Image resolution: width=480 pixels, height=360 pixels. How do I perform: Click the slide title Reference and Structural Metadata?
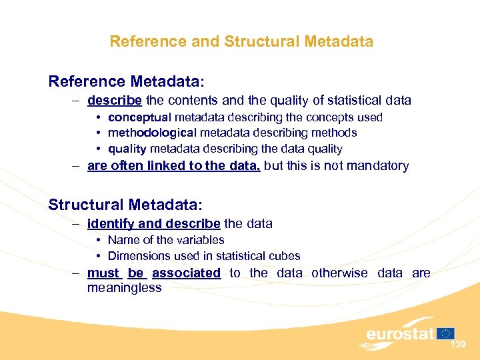coord(241,41)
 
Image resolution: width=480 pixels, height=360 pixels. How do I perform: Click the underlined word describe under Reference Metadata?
coord(114,101)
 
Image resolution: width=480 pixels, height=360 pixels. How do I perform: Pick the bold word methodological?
coord(152,133)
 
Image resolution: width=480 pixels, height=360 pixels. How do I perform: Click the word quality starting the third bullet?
coord(127,149)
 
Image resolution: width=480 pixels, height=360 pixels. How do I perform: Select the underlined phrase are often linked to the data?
coord(173,166)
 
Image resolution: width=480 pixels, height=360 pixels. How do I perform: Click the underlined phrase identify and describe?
coord(153,223)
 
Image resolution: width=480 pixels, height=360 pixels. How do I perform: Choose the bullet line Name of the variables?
coord(165,240)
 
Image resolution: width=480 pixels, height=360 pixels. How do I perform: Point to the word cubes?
coord(285,256)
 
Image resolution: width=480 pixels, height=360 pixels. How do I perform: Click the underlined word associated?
coord(186,273)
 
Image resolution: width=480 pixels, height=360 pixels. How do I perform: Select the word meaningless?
coord(125,288)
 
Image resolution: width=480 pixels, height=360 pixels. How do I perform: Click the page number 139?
coord(457,345)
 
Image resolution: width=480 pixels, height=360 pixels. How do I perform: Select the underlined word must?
coord(103,273)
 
